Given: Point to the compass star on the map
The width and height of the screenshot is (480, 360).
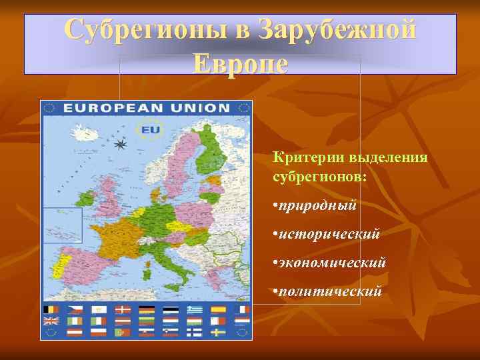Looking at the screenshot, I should pyautogui.click(x=121, y=144).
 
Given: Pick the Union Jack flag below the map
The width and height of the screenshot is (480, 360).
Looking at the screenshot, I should pyautogui.click(x=51, y=321).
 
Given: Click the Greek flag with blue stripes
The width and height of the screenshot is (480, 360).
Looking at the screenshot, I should pyautogui.click(x=195, y=310).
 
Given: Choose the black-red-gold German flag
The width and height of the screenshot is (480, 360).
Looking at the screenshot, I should pyautogui.click(x=147, y=310).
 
